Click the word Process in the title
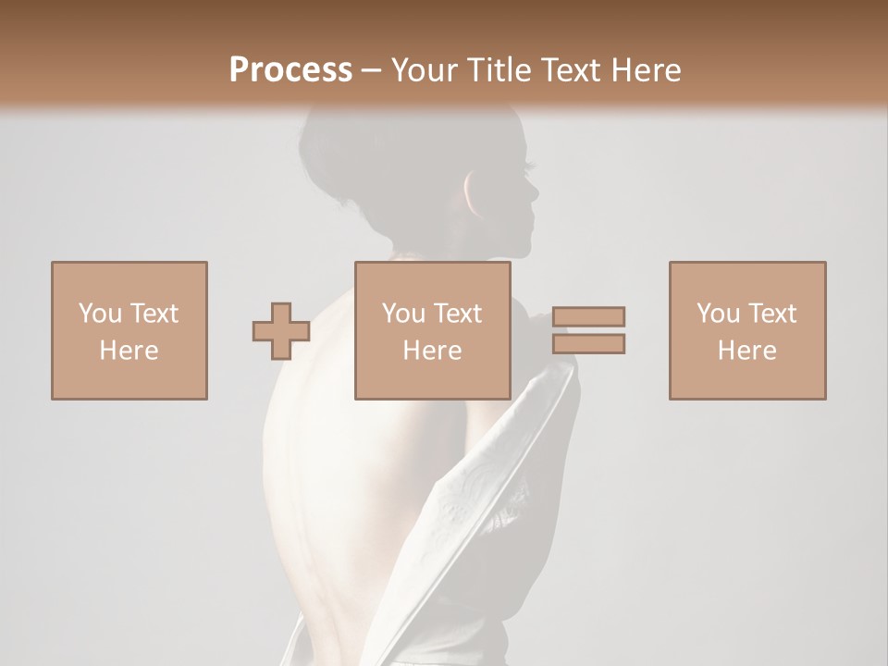290,69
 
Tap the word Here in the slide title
642,69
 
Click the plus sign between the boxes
281,331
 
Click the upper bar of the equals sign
589,317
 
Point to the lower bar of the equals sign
589,344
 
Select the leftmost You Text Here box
129,330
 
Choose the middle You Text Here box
432,330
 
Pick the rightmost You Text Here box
746,330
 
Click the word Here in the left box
129,351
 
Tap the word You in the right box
718,314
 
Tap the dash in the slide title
372,70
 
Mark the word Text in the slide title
570,69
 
